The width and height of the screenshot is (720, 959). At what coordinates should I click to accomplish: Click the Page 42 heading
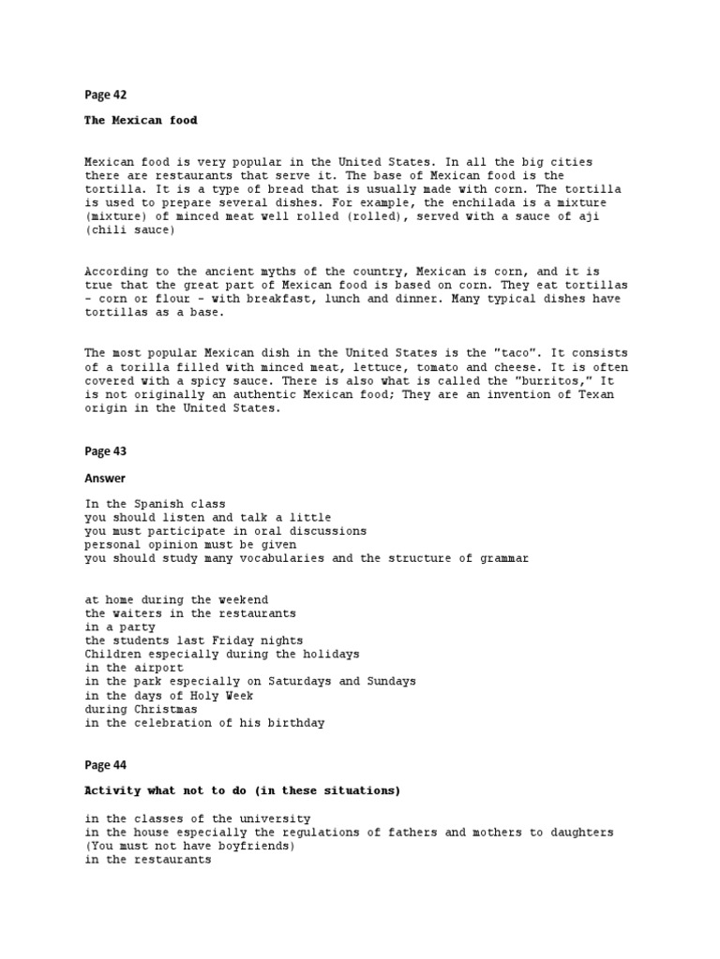click(105, 95)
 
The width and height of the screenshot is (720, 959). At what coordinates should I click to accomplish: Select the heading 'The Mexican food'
click(141, 120)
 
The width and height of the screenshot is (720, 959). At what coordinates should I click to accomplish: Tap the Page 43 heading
click(105, 450)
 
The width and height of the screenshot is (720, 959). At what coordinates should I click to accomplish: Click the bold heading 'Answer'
click(105, 479)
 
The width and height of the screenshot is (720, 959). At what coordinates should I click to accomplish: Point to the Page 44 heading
click(105, 765)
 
